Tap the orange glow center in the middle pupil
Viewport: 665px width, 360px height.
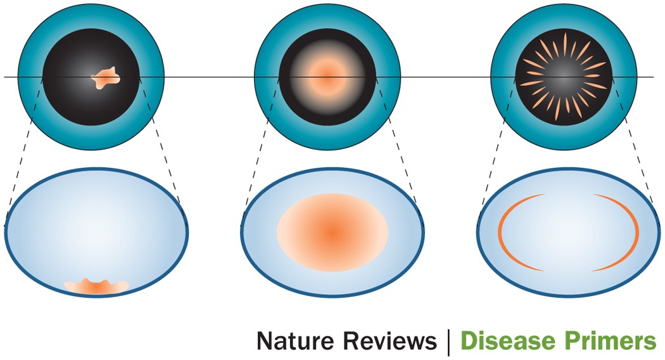pos(327,77)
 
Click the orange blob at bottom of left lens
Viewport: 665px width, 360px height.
pos(95,286)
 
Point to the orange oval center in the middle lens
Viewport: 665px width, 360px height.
pos(332,231)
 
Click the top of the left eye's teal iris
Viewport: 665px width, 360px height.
pos(91,18)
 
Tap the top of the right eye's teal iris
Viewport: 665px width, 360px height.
pos(564,18)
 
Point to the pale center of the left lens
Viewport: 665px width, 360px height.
pos(95,228)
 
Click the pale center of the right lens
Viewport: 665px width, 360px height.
pos(568,232)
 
